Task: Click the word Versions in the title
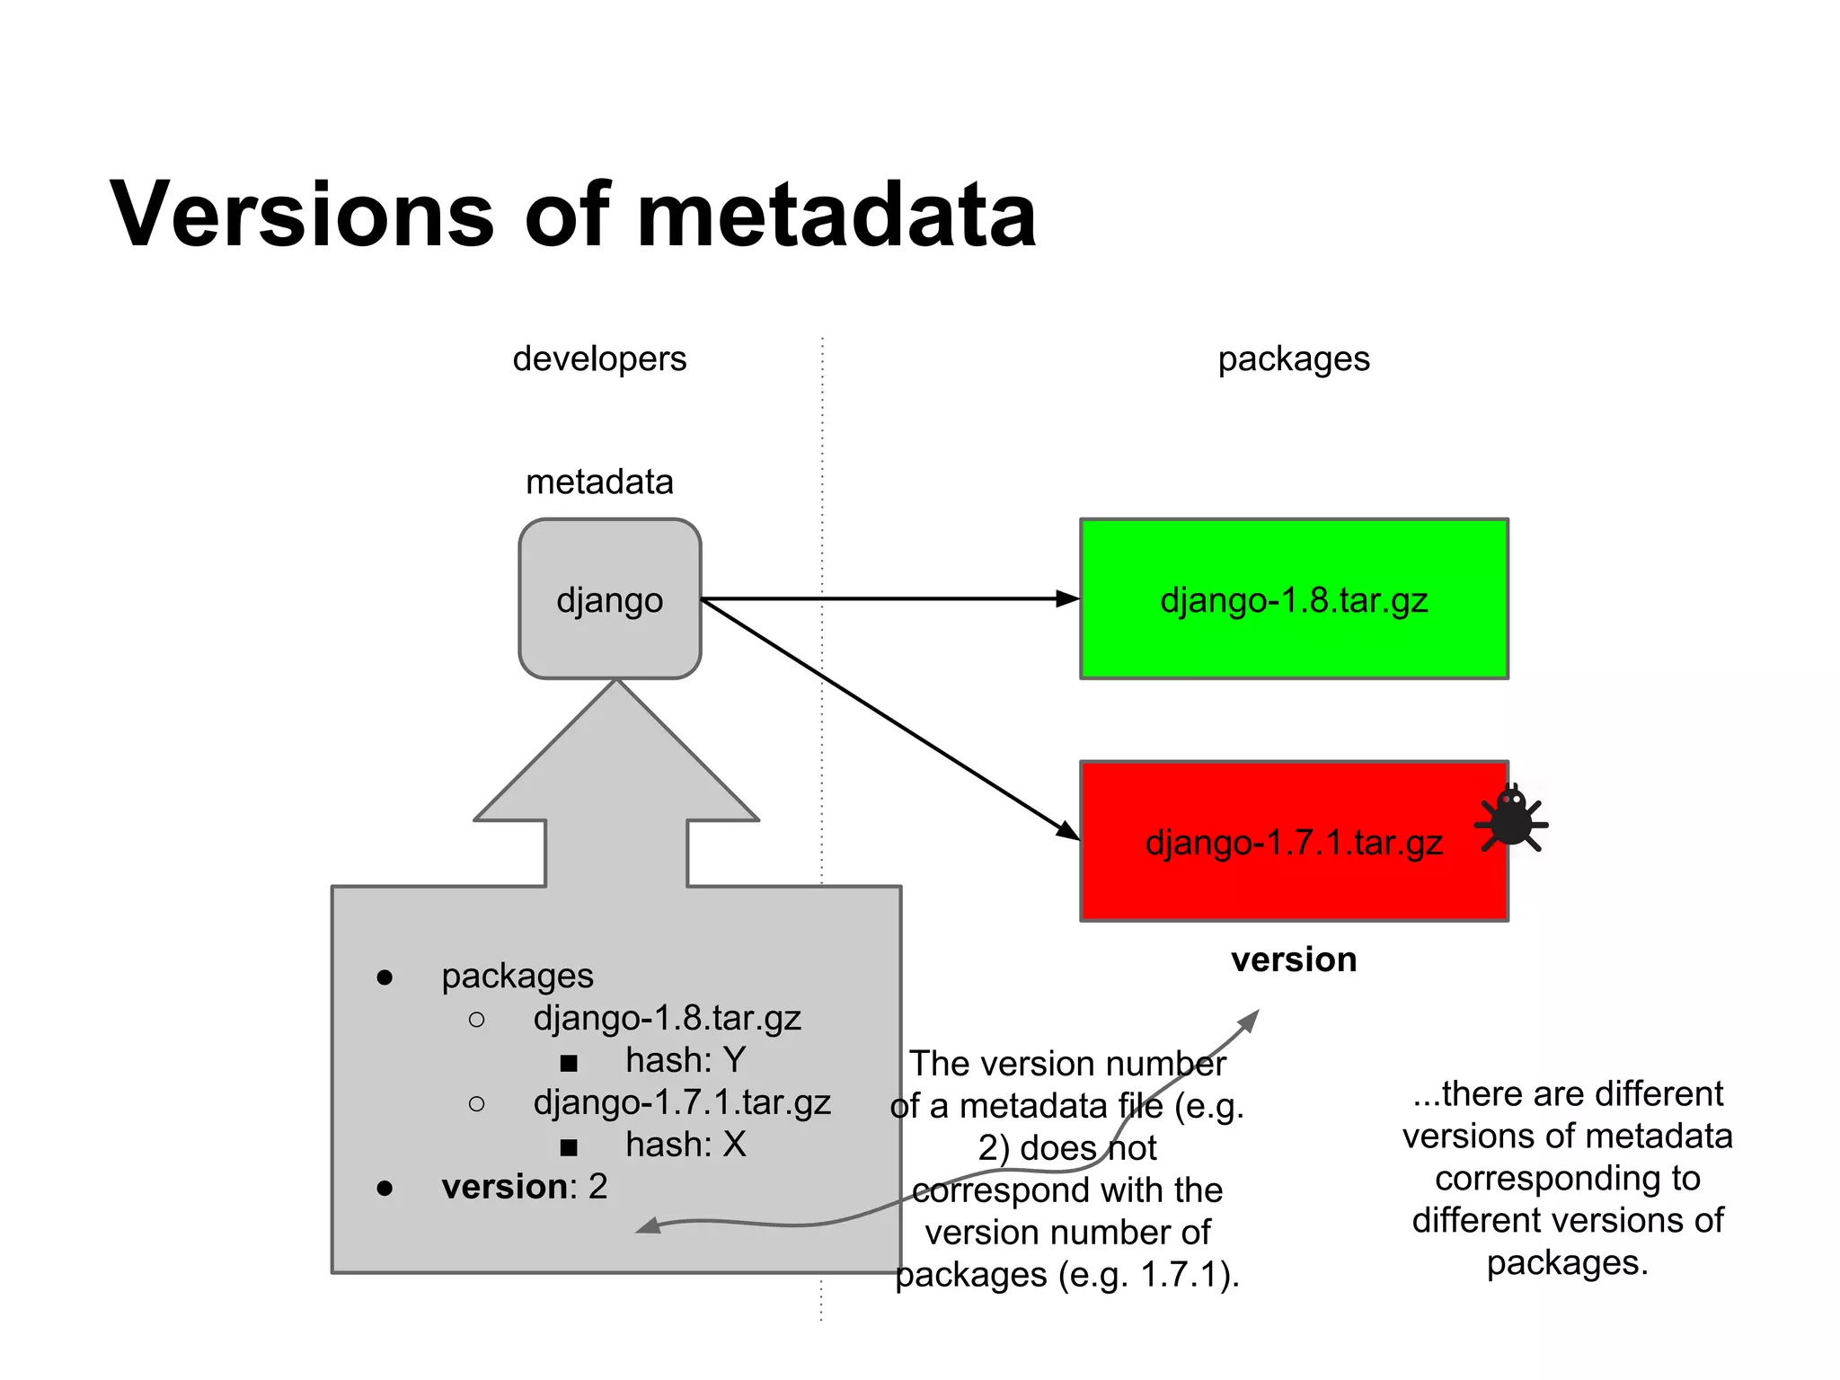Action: pyautogui.click(x=302, y=215)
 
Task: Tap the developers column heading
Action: pyautogui.click(x=599, y=358)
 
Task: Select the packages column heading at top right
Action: pyautogui.click(x=1293, y=358)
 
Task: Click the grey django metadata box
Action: pyautogui.click(x=609, y=599)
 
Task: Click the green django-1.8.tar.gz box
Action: pyautogui.click(x=1293, y=599)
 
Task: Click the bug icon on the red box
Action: pyautogui.click(x=1512, y=818)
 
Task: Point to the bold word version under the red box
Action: pyautogui.click(x=1293, y=960)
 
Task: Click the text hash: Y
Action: pyautogui.click(x=685, y=1060)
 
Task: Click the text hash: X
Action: pyautogui.click(x=685, y=1145)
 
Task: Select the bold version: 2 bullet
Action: pyautogui.click(x=524, y=1187)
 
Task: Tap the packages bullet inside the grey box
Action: pyautogui.click(x=517, y=976)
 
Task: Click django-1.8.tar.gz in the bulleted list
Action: pyautogui.click(x=667, y=1018)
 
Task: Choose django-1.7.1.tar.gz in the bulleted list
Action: pyautogui.click(x=681, y=1102)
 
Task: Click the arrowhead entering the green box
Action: pyautogui.click(x=1068, y=598)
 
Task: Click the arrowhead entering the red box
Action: pyautogui.click(x=1067, y=831)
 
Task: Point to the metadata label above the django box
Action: pyautogui.click(x=599, y=482)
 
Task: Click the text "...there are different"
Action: pyautogui.click(x=1567, y=1093)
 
